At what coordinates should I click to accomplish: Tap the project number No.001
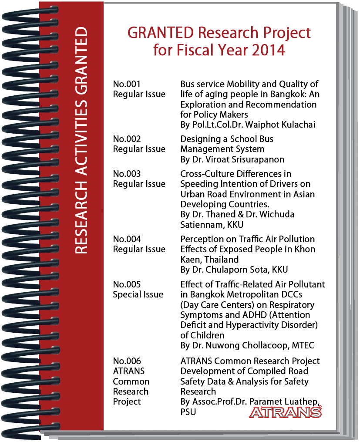[127, 84]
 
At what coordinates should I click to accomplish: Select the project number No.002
[127, 139]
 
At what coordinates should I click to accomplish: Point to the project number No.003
[127, 174]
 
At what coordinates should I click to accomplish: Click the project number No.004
[127, 239]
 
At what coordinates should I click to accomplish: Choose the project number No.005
[127, 284]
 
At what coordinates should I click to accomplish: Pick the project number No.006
[127, 361]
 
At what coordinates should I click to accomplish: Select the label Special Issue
[138, 294]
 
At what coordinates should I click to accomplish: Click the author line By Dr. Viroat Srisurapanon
[232, 159]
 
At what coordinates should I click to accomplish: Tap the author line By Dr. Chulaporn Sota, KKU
[234, 270]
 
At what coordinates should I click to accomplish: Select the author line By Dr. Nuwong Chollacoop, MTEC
[247, 345]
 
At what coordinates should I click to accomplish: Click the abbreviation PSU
[188, 412]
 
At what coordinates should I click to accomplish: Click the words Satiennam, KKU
[212, 225]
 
